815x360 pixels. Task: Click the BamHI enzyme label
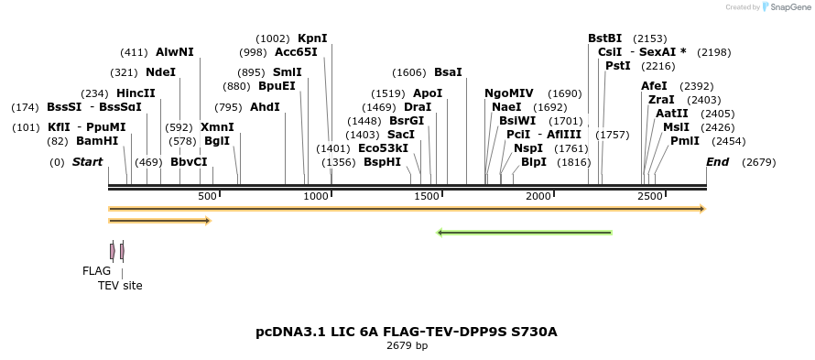(96, 141)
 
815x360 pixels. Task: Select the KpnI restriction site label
(312, 38)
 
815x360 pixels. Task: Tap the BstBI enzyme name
(604, 38)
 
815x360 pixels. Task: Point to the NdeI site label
(160, 72)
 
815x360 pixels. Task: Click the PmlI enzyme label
(684, 141)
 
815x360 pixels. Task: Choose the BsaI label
(448, 72)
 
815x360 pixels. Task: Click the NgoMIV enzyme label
(508, 93)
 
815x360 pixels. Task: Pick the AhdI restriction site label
(265, 107)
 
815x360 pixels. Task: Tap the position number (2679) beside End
(759, 162)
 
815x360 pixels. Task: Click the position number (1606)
(409, 72)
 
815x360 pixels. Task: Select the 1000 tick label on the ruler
(316, 196)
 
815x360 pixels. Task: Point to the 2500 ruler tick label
(649, 196)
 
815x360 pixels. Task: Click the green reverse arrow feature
(525, 233)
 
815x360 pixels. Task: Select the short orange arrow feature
(159, 221)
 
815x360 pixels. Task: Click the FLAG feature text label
(96, 271)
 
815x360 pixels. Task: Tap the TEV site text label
(120, 286)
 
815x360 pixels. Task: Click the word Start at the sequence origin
(87, 162)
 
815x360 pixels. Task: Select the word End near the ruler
(718, 162)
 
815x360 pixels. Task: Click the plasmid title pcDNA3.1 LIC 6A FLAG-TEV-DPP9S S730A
(407, 332)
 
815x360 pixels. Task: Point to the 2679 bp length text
(407, 346)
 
